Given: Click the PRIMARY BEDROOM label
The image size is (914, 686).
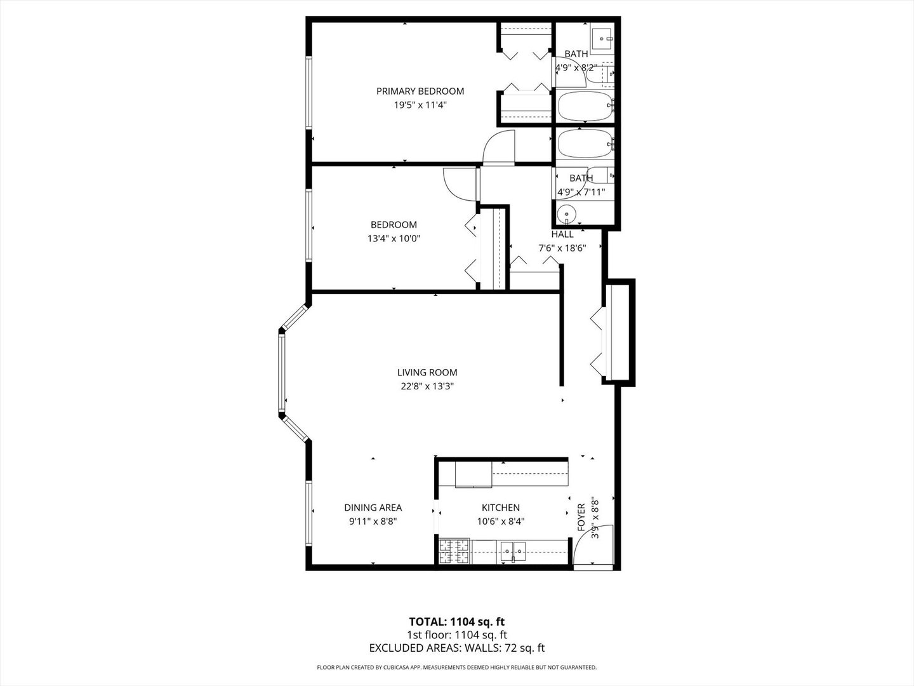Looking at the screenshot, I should (420, 91).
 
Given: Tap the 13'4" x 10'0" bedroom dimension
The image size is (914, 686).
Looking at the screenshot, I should (394, 239).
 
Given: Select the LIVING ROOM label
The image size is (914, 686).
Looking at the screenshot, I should (427, 373).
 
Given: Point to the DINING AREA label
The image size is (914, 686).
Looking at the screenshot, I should (373, 508).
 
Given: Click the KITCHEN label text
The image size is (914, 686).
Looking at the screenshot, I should (500, 508).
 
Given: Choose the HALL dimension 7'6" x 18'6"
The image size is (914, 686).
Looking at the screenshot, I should (562, 248).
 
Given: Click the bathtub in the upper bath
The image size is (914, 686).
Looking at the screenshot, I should (585, 105).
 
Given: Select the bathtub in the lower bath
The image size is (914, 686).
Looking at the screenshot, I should (585, 144).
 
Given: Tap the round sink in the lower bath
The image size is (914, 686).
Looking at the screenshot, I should (565, 215).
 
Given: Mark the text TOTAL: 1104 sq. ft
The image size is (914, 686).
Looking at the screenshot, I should (456, 621).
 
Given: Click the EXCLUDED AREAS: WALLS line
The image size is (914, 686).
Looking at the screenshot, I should (456, 649).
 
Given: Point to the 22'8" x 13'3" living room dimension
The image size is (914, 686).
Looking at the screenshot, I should (427, 386).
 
